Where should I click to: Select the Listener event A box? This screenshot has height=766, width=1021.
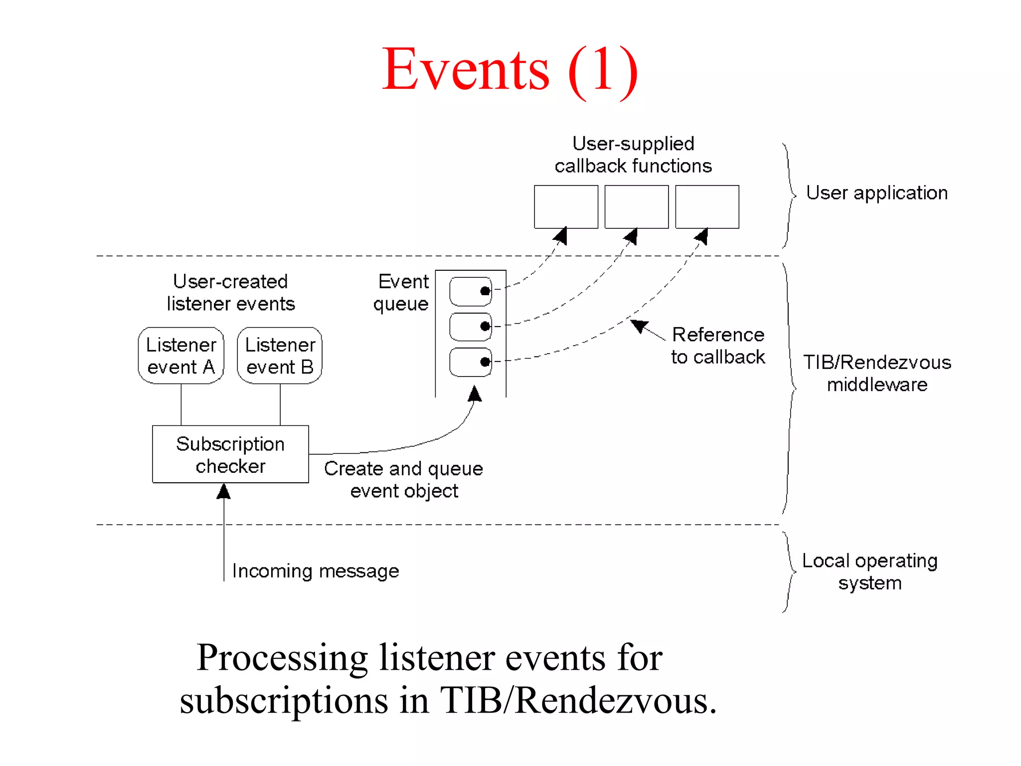(181, 356)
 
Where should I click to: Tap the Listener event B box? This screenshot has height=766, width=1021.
(280, 356)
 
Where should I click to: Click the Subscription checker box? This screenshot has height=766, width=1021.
(230, 454)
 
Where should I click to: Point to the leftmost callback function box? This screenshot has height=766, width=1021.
(566, 206)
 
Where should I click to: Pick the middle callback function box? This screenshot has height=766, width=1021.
(636, 206)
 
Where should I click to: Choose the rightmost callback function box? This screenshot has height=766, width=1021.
(707, 206)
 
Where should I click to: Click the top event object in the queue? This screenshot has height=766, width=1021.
(470, 291)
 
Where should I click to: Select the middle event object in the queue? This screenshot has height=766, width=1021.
(470, 327)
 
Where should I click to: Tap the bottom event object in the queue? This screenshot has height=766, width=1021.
(470, 362)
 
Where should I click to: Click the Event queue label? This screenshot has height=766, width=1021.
(402, 293)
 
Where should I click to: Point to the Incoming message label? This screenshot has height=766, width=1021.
(316, 571)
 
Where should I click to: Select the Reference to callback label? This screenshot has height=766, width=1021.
(718, 346)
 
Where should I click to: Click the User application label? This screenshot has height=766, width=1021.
(876, 193)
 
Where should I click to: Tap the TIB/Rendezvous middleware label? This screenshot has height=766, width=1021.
(877, 373)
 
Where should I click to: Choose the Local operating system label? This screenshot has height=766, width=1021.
(870, 572)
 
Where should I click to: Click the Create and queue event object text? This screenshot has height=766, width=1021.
(404, 480)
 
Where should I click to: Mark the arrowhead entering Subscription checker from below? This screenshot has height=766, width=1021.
(224, 492)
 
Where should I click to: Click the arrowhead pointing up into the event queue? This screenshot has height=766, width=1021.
(475, 394)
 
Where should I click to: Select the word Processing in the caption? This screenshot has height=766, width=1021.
(282, 658)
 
